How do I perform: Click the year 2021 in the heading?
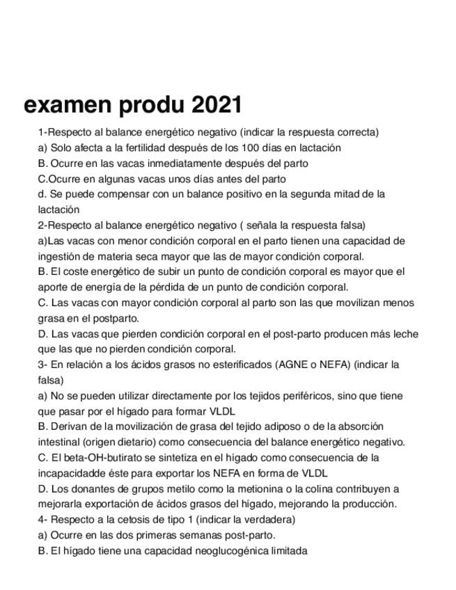[216, 105]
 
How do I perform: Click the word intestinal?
[59, 442]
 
